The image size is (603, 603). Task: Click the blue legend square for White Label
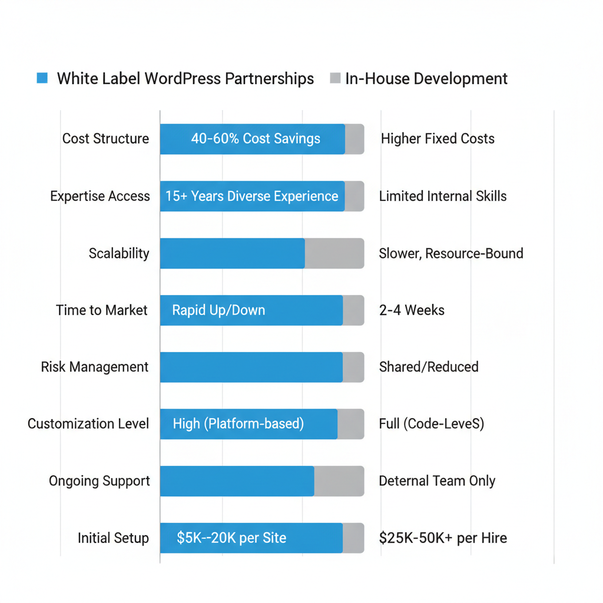[42, 78]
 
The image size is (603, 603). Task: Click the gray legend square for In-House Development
[335, 78]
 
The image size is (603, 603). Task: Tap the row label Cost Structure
[105, 139]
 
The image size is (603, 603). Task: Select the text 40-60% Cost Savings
[256, 139]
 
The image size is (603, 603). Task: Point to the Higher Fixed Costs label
[438, 139]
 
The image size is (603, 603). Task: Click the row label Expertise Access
[100, 196]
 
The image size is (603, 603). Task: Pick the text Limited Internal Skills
[443, 196]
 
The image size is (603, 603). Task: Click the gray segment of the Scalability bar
[334, 253]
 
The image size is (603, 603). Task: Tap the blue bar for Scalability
[232, 253]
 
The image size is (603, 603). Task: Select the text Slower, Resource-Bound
[451, 253]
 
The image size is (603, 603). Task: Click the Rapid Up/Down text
[218, 310]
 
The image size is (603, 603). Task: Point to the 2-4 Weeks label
[412, 310]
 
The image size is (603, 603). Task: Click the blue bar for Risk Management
[251, 367]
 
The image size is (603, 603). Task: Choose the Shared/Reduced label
[429, 367]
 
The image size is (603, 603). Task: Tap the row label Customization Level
[88, 424]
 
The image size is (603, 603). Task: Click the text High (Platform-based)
[238, 424]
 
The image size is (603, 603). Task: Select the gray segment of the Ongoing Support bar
[339, 481]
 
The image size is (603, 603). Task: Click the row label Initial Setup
[113, 538]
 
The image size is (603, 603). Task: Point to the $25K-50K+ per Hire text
[443, 538]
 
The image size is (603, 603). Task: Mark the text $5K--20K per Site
[231, 538]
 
